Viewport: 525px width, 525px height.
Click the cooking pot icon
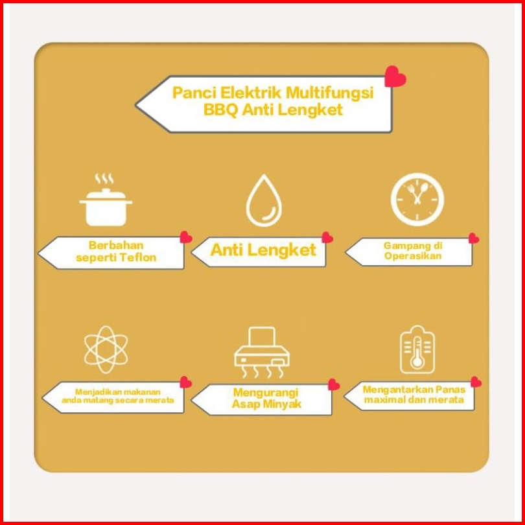pyautogui.click(x=106, y=202)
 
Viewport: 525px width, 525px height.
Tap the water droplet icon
pyautogui.click(x=264, y=201)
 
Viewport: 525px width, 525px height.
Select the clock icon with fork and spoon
pyautogui.click(x=417, y=199)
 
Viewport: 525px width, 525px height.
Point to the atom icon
pyautogui.click(x=106, y=349)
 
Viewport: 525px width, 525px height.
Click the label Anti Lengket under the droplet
pyautogui.click(x=263, y=250)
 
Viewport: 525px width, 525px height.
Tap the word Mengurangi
pyautogui.click(x=265, y=392)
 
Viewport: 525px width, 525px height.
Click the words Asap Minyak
pyautogui.click(x=266, y=404)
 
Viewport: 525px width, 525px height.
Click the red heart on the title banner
pyautogui.click(x=395, y=77)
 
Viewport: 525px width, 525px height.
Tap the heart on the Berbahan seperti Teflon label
pyautogui.click(x=186, y=237)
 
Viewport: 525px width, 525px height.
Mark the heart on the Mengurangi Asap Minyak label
pyautogui.click(x=334, y=384)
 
